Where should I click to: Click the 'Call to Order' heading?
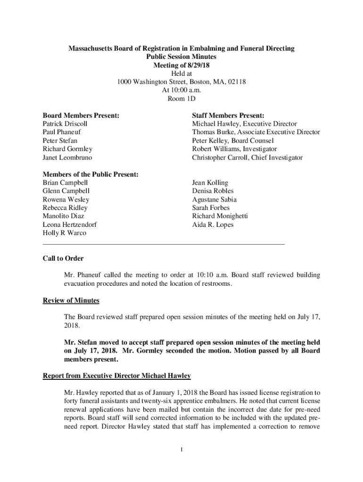tap(63, 258)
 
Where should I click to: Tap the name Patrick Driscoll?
tap(65, 124)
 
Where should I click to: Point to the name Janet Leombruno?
tap(67, 158)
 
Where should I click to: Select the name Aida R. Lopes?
tap(213, 225)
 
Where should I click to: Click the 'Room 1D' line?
tap(181, 99)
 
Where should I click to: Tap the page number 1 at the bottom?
tap(181, 450)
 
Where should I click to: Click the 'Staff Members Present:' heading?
tap(228, 115)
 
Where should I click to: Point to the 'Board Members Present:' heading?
tap(81, 115)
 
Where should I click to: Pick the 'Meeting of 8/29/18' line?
tap(181, 65)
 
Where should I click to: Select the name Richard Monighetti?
tap(220, 216)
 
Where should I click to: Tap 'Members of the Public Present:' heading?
tap(91, 174)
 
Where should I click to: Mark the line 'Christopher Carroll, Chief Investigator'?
tap(247, 158)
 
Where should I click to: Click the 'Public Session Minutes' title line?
tap(181, 56)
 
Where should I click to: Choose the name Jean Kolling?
tap(210, 183)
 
